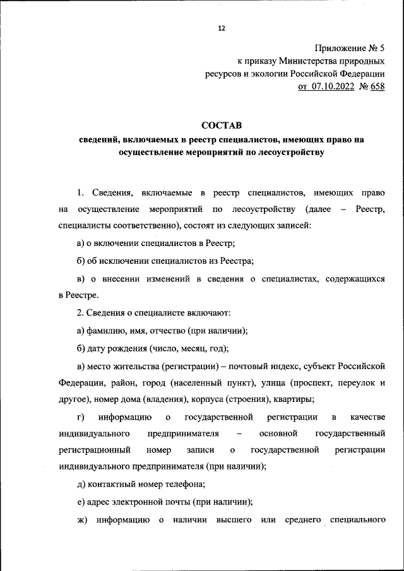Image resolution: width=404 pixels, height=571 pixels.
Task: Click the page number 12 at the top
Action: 220,29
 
